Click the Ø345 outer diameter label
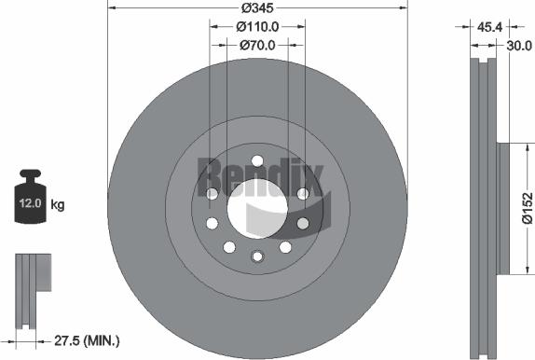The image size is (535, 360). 257,7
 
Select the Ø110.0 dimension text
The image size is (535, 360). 257,27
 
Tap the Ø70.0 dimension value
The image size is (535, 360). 257,45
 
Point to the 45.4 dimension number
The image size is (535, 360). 489,27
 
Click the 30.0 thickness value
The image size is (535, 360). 519,46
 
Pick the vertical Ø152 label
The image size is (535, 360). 528,208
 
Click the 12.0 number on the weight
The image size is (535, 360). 30,203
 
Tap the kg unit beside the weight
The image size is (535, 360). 58,205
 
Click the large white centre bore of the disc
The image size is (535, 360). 257,208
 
